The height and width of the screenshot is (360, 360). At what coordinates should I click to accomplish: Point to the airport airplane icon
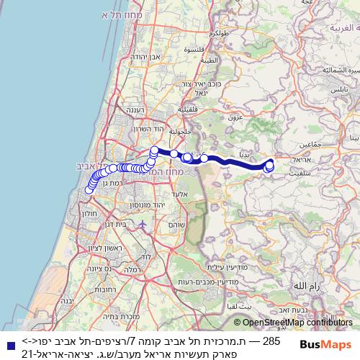143,224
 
